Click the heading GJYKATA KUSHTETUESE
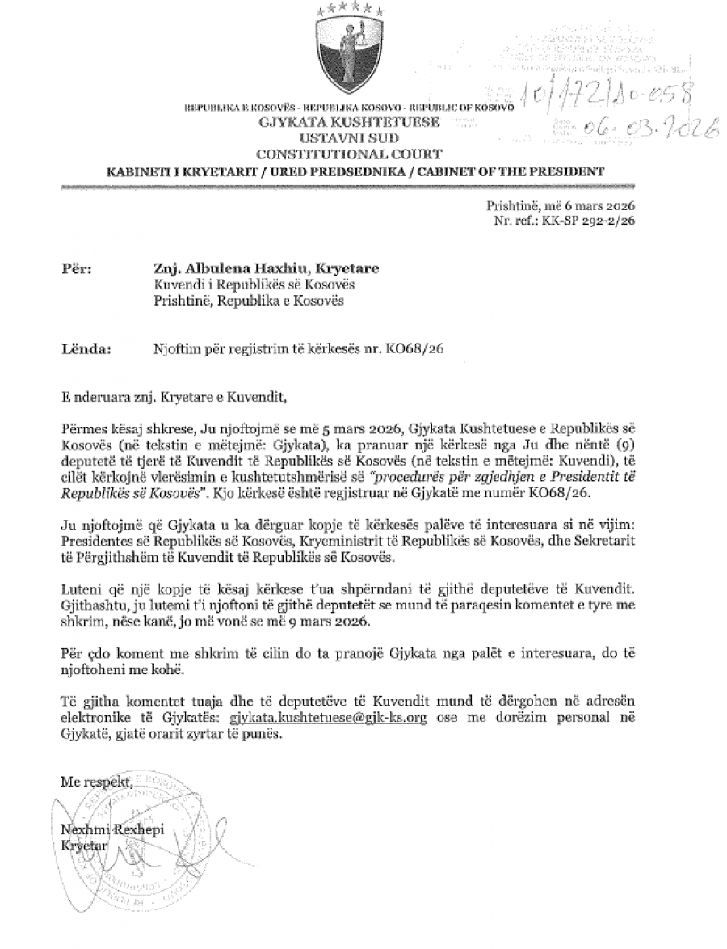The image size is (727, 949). tap(349, 123)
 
